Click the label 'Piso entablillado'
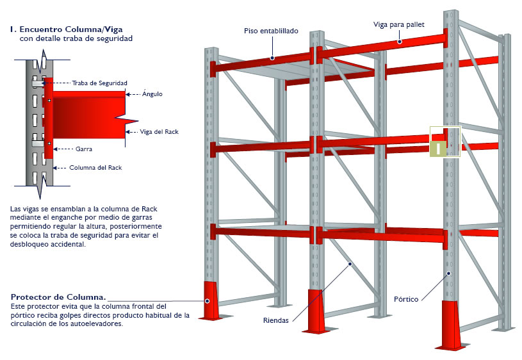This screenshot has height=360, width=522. pos(271,31)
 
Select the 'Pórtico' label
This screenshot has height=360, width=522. pos(407,300)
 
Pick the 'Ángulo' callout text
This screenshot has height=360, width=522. pos(153,94)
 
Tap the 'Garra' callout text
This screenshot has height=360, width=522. pos(83,149)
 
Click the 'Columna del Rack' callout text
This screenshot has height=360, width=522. pos(95,168)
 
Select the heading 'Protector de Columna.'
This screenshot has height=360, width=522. pos(58,297)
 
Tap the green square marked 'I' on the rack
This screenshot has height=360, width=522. pos(439,149)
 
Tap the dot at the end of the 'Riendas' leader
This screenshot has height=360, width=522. pos(349,263)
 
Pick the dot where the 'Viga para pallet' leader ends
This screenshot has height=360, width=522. pos(399,42)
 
